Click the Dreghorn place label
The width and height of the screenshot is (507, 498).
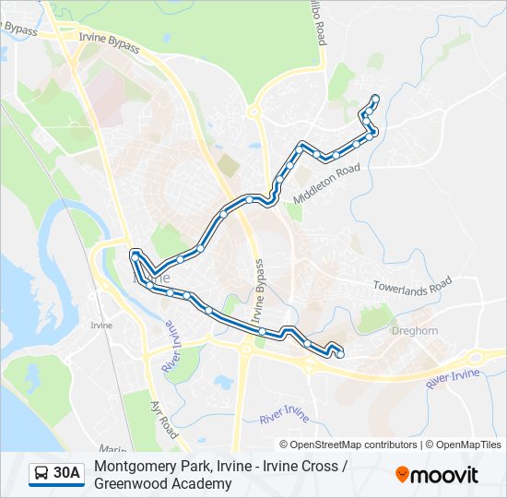(x=417, y=330)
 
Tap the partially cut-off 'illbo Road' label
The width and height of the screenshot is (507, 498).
(x=318, y=24)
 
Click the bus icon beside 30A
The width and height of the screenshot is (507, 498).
(x=41, y=474)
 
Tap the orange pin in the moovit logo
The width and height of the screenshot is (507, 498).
(x=403, y=474)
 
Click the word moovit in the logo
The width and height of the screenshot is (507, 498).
(x=445, y=475)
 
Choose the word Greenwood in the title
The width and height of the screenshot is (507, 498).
(x=131, y=483)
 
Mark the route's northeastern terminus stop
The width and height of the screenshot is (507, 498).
(x=374, y=99)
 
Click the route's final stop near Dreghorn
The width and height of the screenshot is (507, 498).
(x=340, y=354)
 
